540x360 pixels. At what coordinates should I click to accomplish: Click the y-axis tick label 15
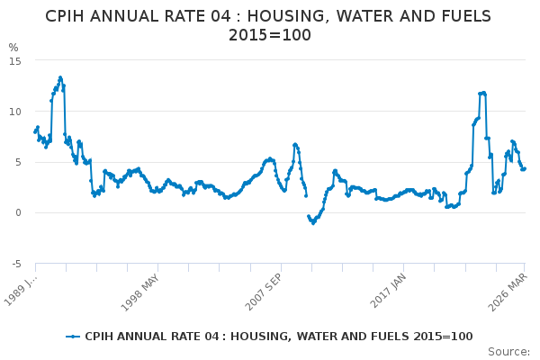click(15, 60)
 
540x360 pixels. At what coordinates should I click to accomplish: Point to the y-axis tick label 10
click(15, 112)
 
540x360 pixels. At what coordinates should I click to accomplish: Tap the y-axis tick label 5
click(18, 162)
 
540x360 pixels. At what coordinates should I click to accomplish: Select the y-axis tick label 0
click(18, 213)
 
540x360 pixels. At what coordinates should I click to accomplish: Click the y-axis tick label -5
click(15, 264)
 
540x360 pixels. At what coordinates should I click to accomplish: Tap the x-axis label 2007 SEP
click(261, 288)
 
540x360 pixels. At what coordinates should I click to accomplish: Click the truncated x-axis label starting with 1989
click(20, 288)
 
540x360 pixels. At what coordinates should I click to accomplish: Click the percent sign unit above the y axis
click(13, 48)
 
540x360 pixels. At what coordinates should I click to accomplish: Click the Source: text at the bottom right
click(508, 351)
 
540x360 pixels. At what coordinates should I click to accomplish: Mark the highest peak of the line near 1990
click(60, 77)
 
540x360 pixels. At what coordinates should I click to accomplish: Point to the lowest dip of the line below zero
click(313, 222)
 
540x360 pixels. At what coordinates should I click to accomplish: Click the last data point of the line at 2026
click(524, 168)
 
